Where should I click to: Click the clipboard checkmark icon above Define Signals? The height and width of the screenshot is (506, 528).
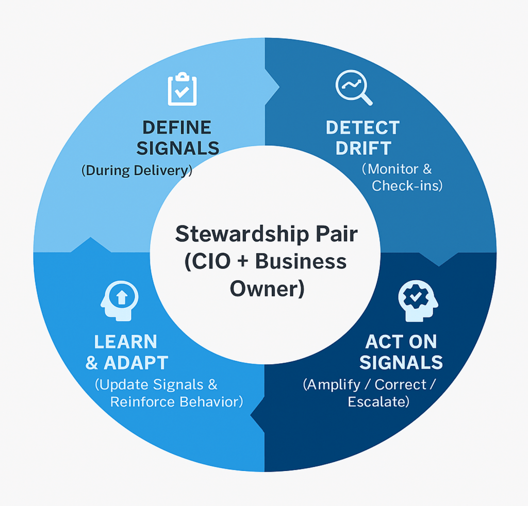pyautogui.click(x=182, y=89)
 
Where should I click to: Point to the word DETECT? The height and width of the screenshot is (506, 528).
pyautogui.click(x=362, y=127)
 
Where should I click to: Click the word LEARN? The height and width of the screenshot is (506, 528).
pyautogui.click(x=125, y=342)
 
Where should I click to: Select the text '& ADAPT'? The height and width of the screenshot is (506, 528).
pyautogui.click(x=127, y=363)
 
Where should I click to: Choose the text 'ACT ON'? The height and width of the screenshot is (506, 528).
pyautogui.click(x=401, y=342)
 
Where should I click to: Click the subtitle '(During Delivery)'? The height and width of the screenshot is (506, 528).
pyautogui.click(x=137, y=171)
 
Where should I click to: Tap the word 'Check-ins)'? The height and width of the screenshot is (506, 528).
pyautogui.click(x=407, y=185)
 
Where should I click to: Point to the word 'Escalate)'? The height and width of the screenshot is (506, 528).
pyautogui.click(x=379, y=401)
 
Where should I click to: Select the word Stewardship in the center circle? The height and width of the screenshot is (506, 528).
pyautogui.click(x=236, y=234)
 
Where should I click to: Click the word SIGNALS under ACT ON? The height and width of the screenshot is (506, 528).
pyautogui.click(x=401, y=363)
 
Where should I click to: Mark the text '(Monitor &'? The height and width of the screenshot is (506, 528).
pyautogui.click(x=397, y=168)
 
